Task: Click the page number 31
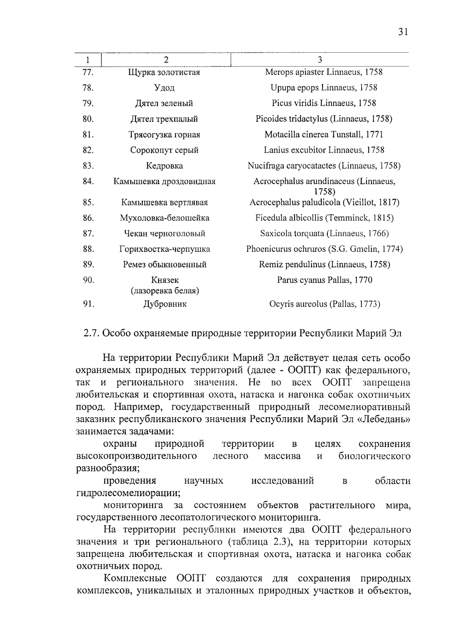click(403, 32)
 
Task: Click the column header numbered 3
click(320, 60)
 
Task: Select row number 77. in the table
click(88, 72)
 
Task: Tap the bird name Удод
click(164, 88)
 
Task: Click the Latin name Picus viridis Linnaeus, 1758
click(324, 103)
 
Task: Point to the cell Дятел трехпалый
click(164, 119)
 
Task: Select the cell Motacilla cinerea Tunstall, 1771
click(324, 135)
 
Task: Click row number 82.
click(88, 150)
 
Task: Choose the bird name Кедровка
click(164, 166)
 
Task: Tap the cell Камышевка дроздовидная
click(164, 182)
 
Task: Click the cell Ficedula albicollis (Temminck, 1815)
click(324, 218)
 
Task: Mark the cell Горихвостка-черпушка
click(164, 249)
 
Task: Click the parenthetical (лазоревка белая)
click(165, 291)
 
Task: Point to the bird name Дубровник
click(165, 304)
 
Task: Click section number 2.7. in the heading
click(91, 334)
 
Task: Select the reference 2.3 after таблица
click(279, 542)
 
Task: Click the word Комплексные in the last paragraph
click(135, 579)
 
